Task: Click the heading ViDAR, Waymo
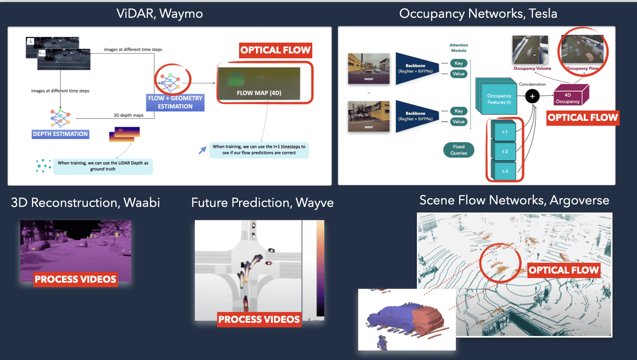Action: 160,14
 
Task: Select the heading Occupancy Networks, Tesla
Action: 478,14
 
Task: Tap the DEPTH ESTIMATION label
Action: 60,134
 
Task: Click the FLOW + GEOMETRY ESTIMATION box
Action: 175,102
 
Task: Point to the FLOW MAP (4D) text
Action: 259,93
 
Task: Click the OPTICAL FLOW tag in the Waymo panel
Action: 275,50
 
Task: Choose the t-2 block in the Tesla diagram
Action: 505,151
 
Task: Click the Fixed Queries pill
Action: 459,150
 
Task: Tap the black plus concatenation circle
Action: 532,96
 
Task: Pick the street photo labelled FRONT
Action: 369,68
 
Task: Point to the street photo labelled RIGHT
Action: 369,116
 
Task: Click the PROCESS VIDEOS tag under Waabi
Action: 75,279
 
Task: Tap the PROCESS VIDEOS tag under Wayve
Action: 259,319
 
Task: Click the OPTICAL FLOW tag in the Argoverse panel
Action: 563,270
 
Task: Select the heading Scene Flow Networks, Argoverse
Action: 514,200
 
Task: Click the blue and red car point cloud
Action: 405,319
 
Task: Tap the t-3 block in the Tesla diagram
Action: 505,171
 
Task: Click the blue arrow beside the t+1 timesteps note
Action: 202,150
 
